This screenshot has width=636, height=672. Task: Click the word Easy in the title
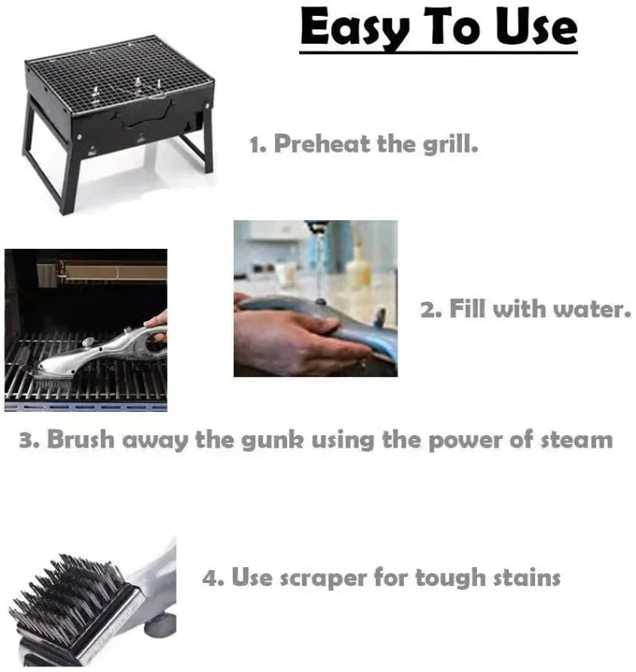tap(344, 29)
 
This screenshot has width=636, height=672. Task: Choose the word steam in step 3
tap(574, 440)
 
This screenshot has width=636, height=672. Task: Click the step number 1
tap(255, 146)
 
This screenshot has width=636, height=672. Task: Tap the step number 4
tap(211, 578)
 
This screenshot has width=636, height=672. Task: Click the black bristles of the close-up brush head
tap(64, 596)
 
